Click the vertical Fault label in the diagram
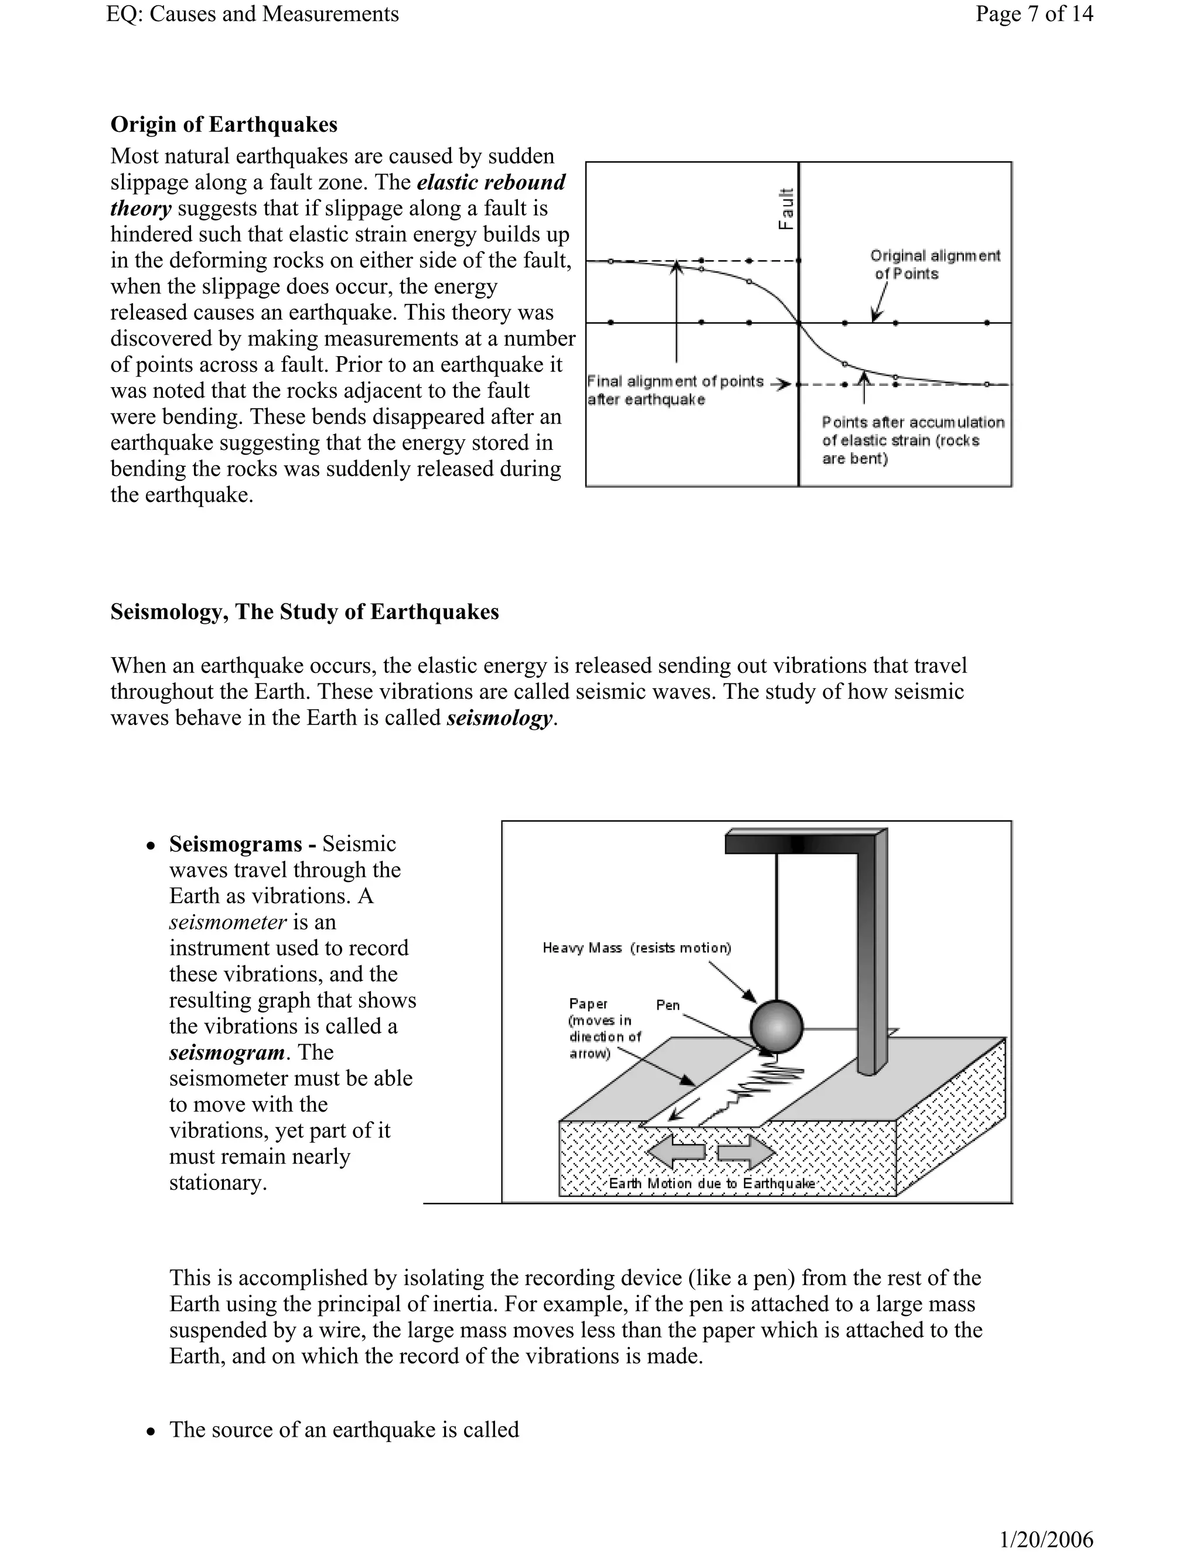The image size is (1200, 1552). [x=786, y=209]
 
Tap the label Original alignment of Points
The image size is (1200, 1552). [x=934, y=264]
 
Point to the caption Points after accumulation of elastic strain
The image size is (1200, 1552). [x=913, y=440]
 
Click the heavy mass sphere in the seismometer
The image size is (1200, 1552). [x=776, y=1026]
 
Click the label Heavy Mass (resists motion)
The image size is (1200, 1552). [x=636, y=948]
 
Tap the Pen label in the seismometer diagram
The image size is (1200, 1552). [x=667, y=1005]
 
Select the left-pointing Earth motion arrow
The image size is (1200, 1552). [x=677, y=1152]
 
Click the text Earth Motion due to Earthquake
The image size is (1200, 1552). [x=711, y=1183]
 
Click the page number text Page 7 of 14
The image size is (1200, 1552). [x=1034, y=13]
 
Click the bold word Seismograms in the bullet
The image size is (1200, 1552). [x=236, y=843]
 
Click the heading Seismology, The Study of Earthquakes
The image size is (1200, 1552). [x=304, y=612]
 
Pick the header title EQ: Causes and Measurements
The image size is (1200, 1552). [x=253, y=13]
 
